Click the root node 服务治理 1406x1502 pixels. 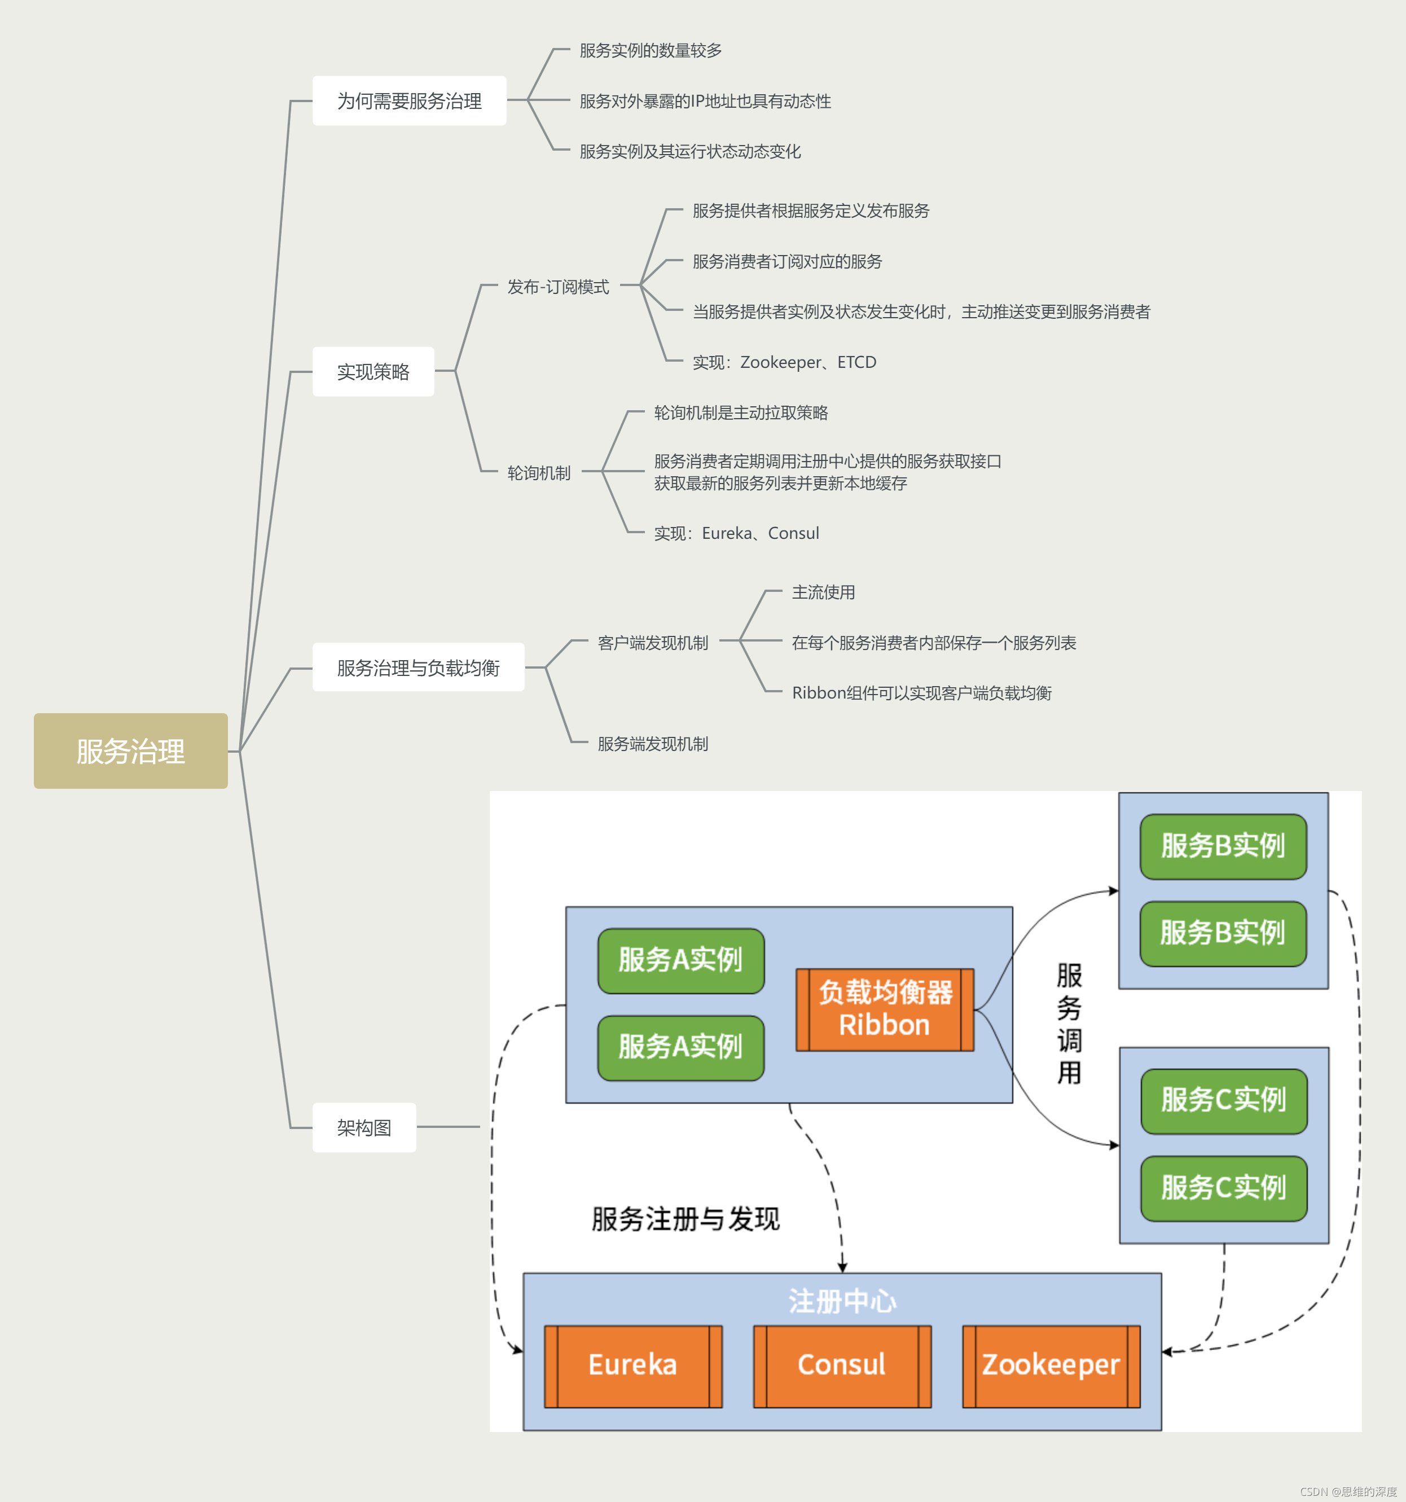131,751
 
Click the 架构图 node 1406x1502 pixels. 364,1127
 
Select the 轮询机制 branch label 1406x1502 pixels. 539,472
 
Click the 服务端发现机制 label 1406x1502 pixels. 653,744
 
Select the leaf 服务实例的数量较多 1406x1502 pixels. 651,50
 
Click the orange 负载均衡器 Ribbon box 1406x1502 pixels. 885,1009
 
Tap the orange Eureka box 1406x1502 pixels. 633,1365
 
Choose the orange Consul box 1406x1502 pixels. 842,1365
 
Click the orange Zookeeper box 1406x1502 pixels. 1051,1365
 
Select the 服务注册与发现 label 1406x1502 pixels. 686,1219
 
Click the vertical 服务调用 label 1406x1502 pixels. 1069,1023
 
